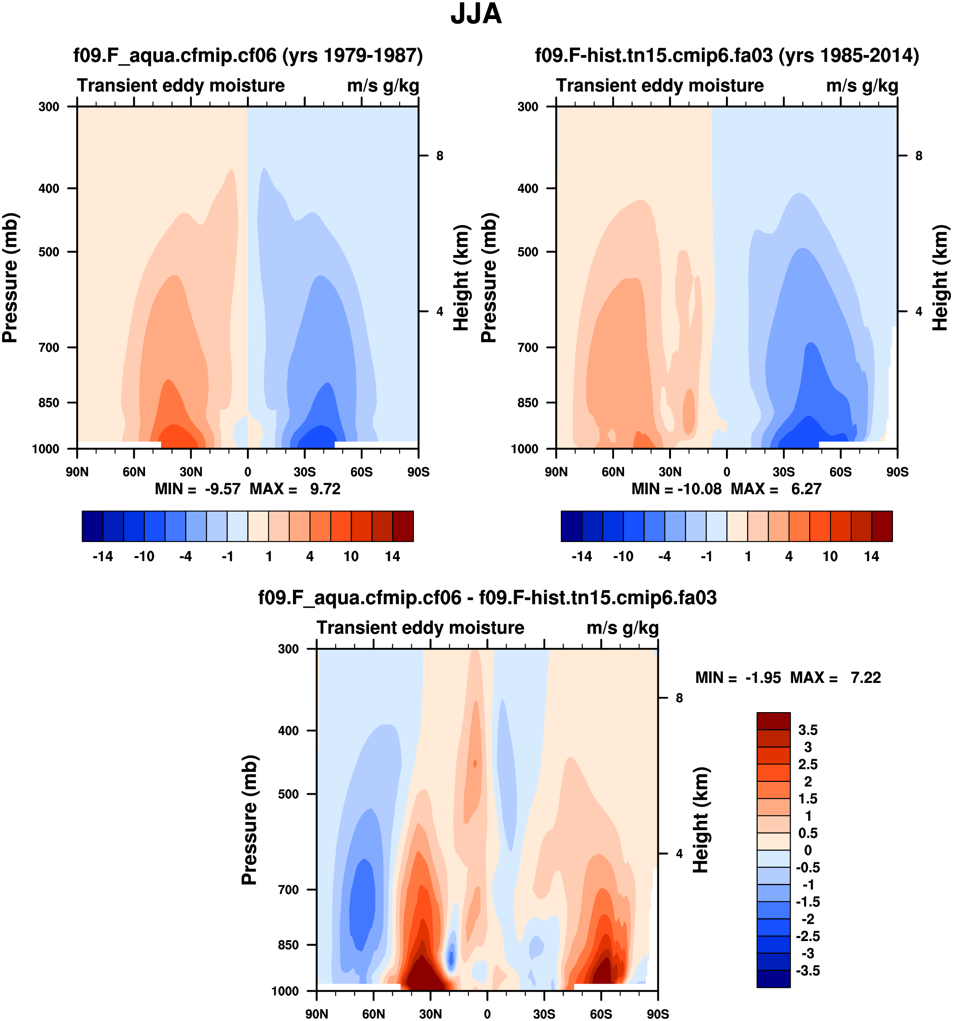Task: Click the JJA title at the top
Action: coord(476,14)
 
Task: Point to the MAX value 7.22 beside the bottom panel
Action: coord(866,677)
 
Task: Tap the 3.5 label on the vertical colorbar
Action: coord(808,730)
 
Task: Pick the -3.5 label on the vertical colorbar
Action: coord(808,971)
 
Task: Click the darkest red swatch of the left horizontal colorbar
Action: coord(403,526)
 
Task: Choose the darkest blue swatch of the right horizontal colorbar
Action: coord(571,526)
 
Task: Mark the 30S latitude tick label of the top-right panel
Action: coord(783,471)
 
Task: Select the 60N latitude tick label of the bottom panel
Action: coord(374,1014)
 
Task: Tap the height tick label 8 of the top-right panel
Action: coord(919,156)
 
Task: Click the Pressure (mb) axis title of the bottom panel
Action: coord(249,820)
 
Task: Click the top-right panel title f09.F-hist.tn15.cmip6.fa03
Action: coord(727,55)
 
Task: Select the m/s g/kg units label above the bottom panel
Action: coord(622,627)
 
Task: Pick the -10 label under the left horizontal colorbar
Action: coord(144,556)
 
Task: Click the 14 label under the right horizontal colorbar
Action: coord(871,556)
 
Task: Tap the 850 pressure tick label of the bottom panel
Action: coord(288,945)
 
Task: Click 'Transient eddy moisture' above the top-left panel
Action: coord(181,85)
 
